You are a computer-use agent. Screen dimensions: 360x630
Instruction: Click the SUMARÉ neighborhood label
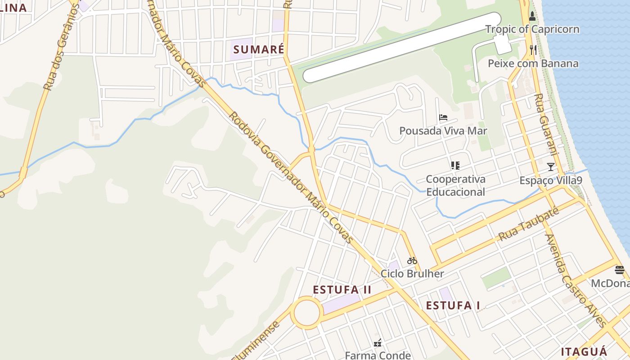pos(259,49)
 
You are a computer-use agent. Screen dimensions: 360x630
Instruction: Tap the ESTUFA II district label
pos(342,290)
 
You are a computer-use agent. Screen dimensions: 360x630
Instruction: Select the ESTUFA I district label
pos(453,306)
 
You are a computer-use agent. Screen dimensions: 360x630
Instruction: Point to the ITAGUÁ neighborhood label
pos(584,352)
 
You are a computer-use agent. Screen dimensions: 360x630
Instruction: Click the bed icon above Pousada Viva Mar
pos(443,118)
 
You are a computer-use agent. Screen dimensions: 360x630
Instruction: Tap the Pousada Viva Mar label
pos(443,131)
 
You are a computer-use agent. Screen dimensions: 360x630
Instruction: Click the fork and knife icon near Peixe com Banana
pos(533,49)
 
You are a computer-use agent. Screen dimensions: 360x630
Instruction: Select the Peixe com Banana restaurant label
pos(533,63)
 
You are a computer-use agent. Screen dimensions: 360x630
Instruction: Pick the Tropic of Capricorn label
pos(532,30)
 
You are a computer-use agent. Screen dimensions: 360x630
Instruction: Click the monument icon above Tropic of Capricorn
pos(532,17)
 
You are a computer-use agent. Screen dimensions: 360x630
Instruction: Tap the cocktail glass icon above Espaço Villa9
pos(550,167)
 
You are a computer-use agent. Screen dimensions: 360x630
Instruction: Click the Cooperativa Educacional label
pos(455,185)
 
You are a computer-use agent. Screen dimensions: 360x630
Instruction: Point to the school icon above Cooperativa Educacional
pos(455,166)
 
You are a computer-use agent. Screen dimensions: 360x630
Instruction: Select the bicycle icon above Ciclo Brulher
pos(412,261)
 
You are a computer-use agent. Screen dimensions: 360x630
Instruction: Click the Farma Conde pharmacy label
pos(378,355)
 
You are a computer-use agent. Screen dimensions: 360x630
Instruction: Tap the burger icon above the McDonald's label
pos(620,270)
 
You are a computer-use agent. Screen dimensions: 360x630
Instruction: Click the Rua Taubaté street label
pos(529,224)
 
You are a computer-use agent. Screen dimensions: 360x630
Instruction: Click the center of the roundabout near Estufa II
pos(307,312)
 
